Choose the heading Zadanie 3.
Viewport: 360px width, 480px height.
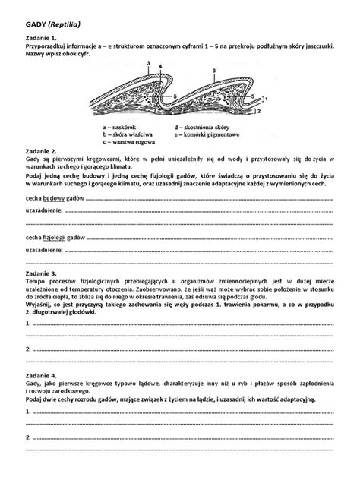pos(42,272)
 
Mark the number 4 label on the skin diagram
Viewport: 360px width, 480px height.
pos(160,67)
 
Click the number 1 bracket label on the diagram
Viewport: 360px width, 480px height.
pos(266,99)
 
